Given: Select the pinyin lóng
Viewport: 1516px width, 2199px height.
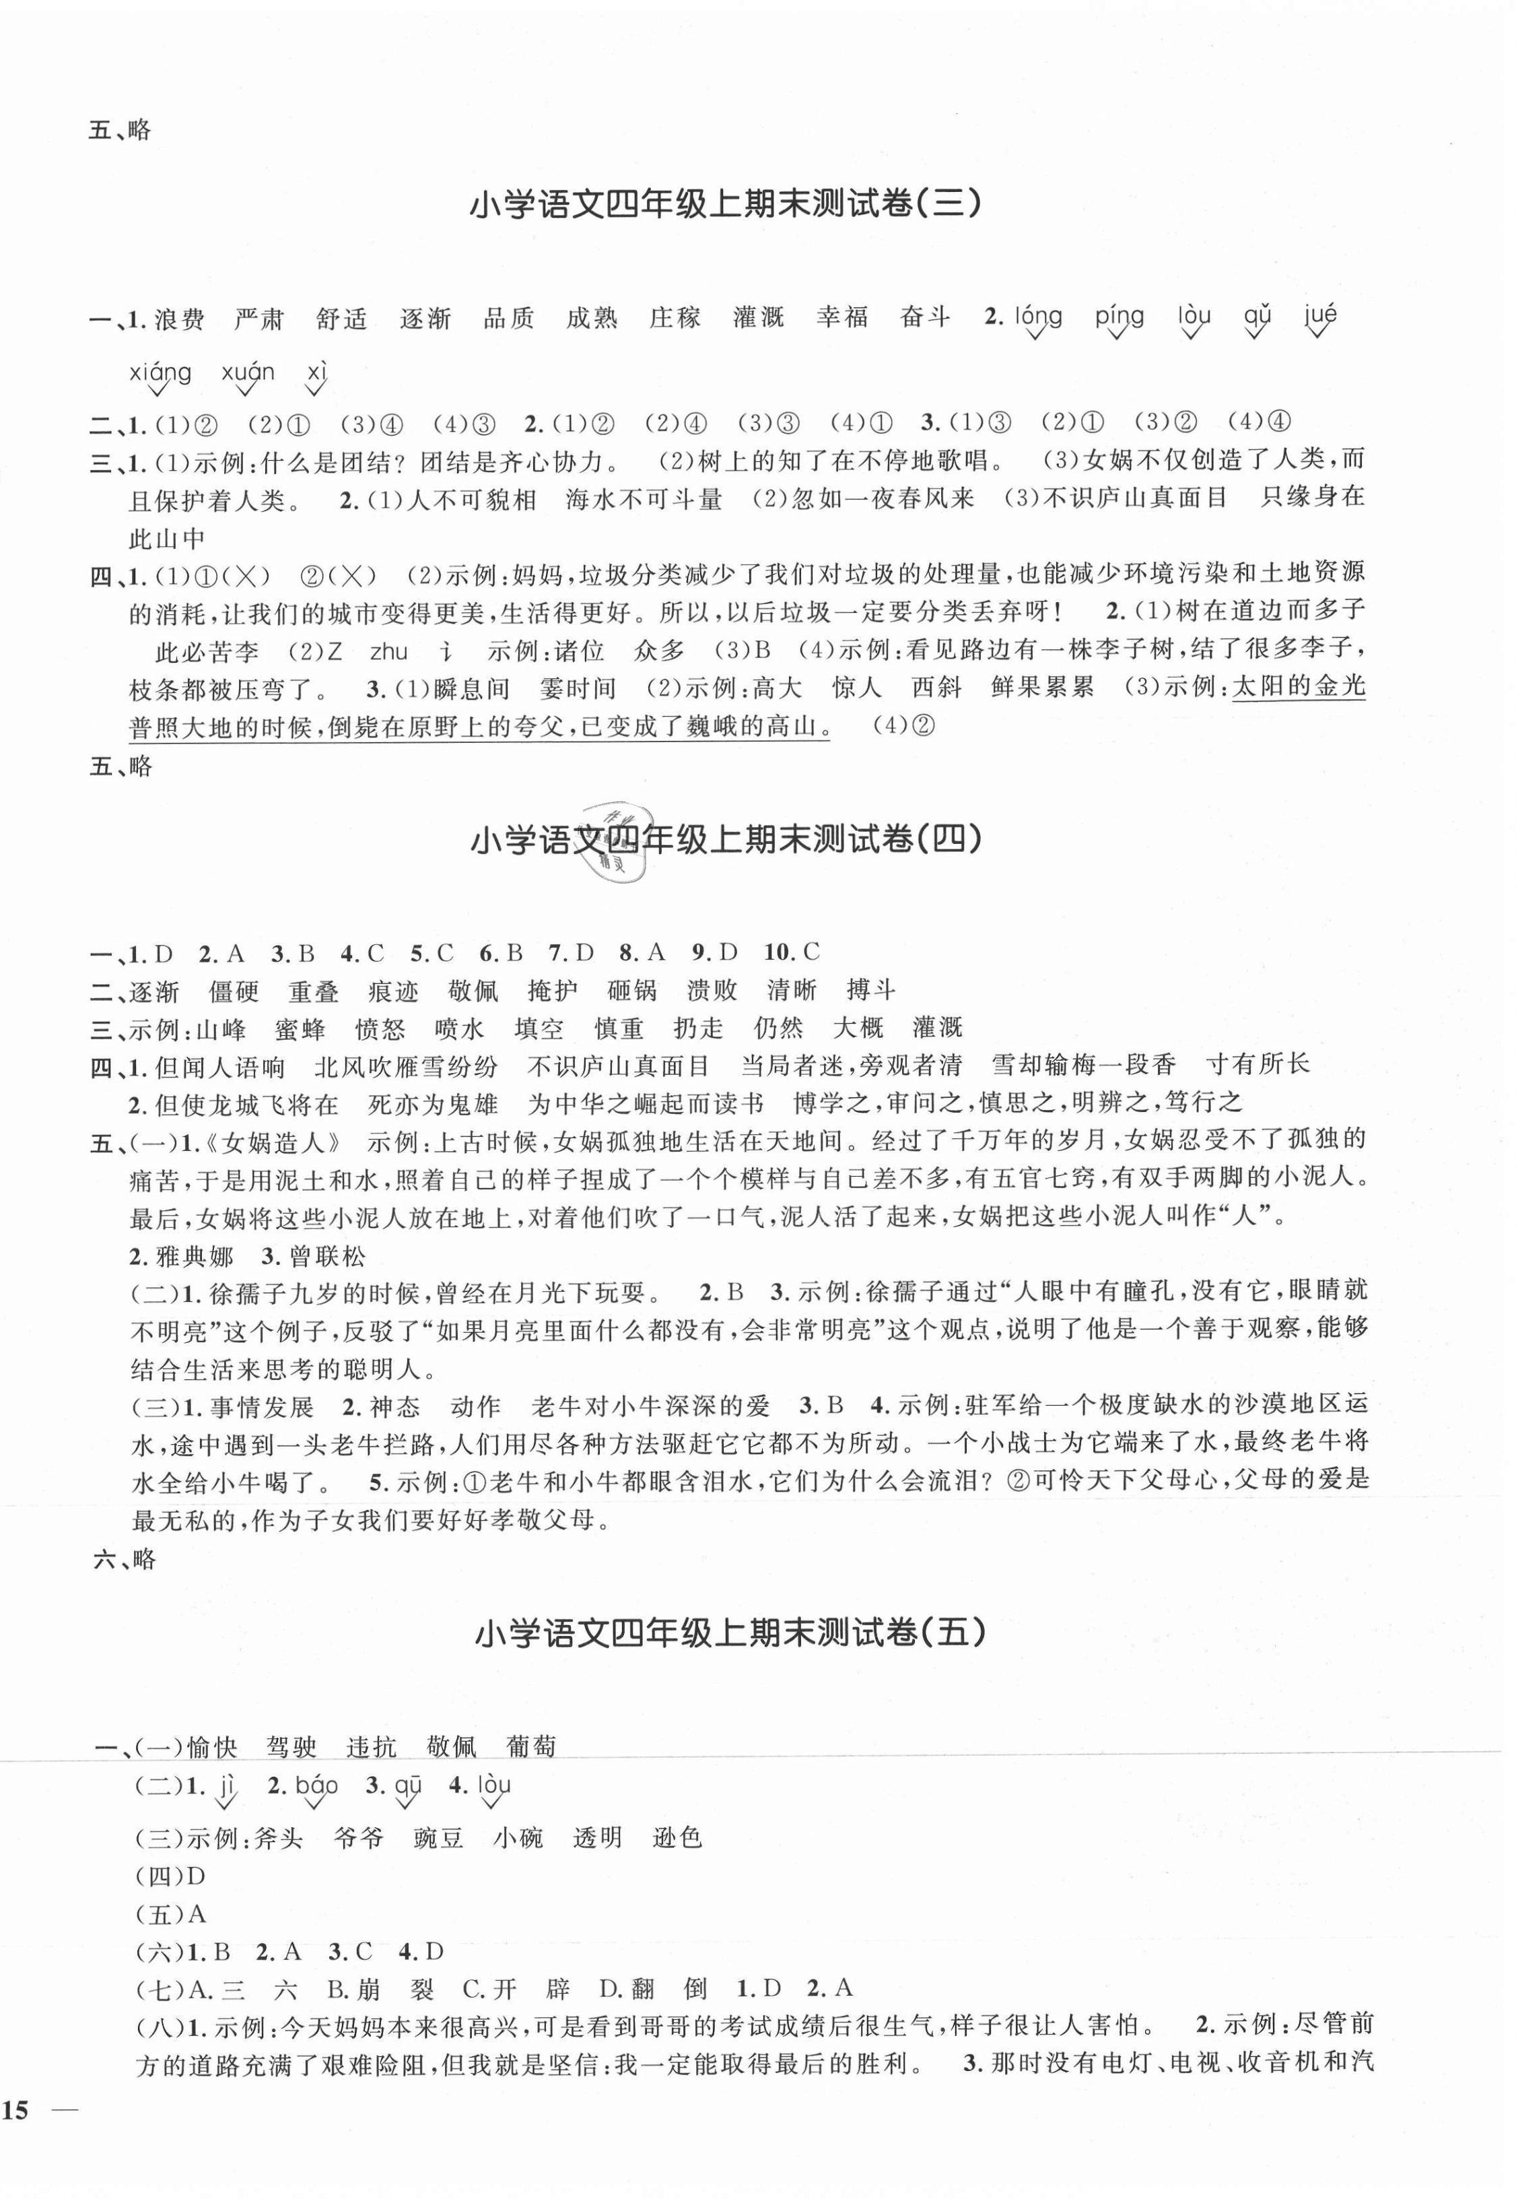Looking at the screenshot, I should coord(1037,317).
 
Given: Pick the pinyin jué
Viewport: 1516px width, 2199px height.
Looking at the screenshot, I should coord(1320,317).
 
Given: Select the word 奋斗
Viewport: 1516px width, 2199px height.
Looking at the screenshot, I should coord(925,319).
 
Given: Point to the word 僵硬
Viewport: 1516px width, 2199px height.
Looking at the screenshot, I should coord(234,991).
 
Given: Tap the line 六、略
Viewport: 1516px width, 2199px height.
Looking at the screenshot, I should coord(125,1558).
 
